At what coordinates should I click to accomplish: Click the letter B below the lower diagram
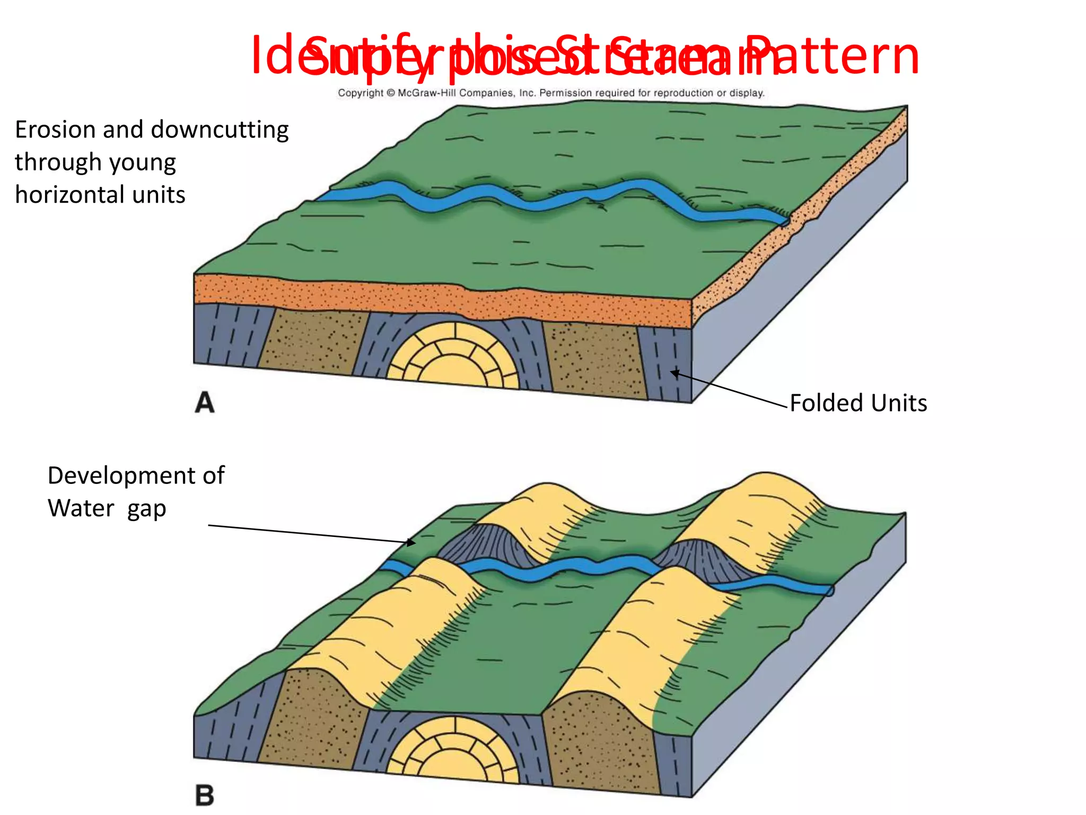tap(205, 795)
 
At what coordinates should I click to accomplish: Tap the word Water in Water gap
tap(81, 508)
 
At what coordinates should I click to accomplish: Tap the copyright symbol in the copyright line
tap(391, 93)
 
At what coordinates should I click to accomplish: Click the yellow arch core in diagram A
tap(453, 356)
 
